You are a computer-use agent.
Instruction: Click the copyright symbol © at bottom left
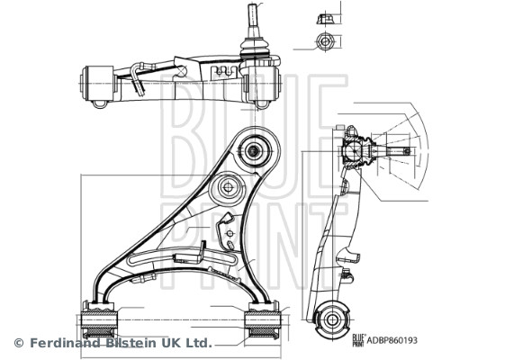18,343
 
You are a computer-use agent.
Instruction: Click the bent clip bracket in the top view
140,76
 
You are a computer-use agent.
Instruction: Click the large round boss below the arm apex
226,190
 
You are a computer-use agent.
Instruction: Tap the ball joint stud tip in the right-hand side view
408,151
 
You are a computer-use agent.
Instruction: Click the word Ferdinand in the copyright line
64,343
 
